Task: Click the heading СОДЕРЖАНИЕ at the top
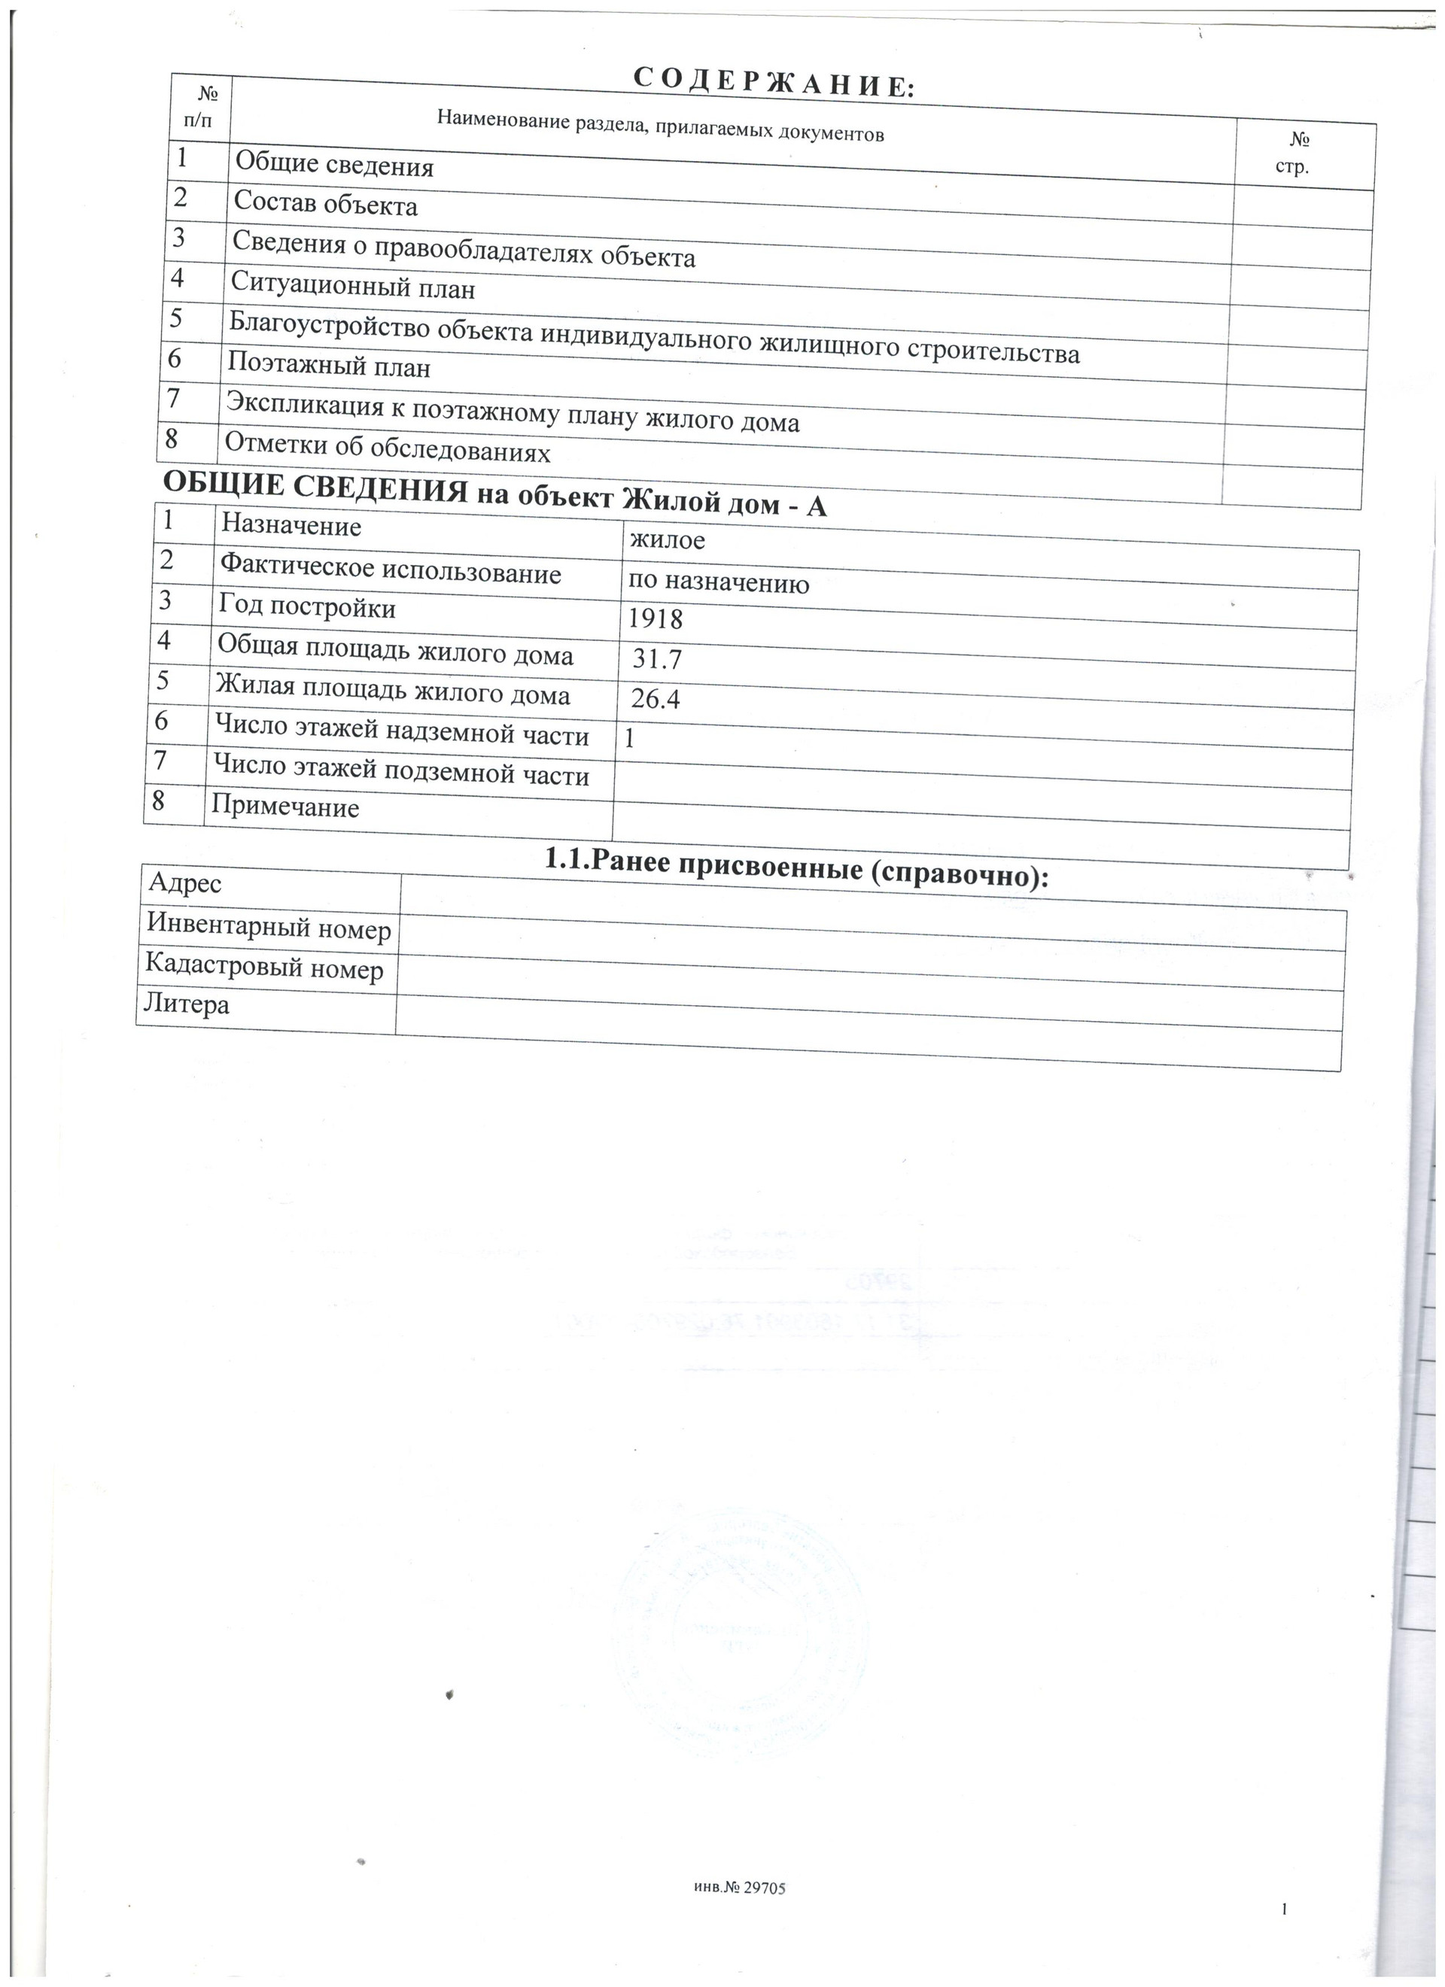pos(773,84)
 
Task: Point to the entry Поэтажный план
pos(329,364)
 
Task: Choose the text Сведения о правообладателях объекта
pos(464,249)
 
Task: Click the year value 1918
pos(656,619)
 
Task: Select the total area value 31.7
pos(656,659)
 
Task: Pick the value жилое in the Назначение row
pos(666,539)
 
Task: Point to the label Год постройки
pos(307,606)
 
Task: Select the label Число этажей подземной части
pos(401,771)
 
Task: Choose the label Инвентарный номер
pos(268,927)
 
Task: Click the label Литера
pos(187,1003)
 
